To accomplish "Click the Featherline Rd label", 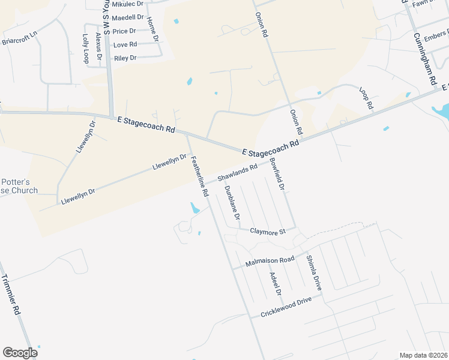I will click(x=199, y=177).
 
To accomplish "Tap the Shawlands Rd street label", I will click(x=237, y=172).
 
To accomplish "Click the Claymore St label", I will click(x=267, y=230).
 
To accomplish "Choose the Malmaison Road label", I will click(x=270, y=262).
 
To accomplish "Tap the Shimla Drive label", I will click(x=314, y=273).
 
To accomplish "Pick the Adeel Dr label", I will click(x=276, y=284).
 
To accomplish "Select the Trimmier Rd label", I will click(x=11, y=295).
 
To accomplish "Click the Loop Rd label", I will click(x=366, y=98).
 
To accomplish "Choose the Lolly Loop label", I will click(x=85, y=49).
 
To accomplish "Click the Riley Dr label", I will click(x=125, y=58).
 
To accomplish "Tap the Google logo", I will click(x=20, y=353).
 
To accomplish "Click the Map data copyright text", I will click(x=423, y=355).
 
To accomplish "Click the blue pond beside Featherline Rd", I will click(x=194, y=209).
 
